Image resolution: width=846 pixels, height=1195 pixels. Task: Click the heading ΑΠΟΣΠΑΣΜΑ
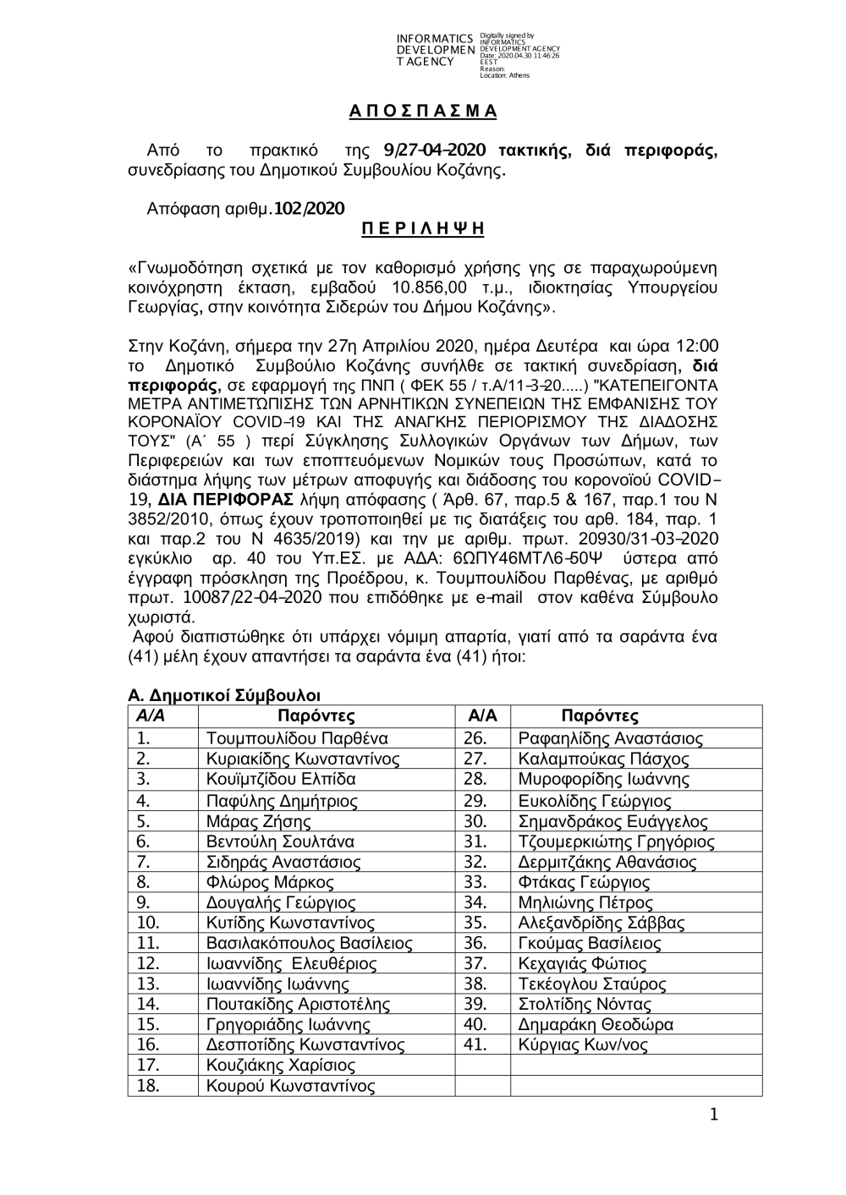click(x=423, y=112)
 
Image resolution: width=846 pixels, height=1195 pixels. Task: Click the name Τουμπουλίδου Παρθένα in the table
click(x=297, y=737)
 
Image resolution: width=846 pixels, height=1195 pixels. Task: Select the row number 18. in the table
click(x=148, y=1086)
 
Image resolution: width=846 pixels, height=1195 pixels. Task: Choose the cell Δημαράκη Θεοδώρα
click(x=596, y=1024)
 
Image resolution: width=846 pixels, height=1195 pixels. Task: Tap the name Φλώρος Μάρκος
click(x=270, y=882)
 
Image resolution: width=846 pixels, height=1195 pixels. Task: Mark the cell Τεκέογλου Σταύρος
click(x=591, y=984)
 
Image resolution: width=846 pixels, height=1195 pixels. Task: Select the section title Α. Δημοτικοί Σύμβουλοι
click(x=223, y=696)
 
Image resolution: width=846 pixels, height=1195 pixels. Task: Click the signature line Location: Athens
click(x=504, y=75)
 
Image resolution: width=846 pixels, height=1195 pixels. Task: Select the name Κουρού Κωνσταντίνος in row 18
click(x=290, y=1086)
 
